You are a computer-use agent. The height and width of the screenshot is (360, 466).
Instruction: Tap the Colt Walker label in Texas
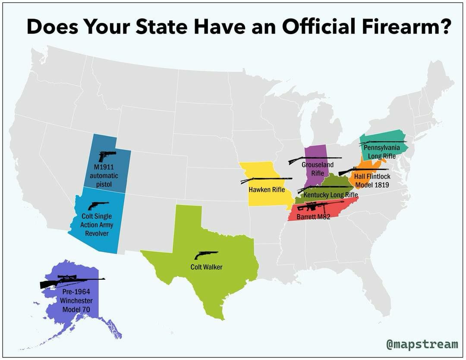pyautogui.click(x=206, y=267)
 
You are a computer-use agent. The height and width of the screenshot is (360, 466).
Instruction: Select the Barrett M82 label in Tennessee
pyautogui.click(x=313, y=217)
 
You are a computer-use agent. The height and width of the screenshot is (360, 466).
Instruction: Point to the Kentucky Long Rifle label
pyautogui.click(x=331, y=195)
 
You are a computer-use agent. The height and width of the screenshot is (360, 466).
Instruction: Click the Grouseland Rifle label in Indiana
pyautogui.click(x=317, y=169)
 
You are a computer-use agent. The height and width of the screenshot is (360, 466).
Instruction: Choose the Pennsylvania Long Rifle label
pyautogui.click(x=382, y=152)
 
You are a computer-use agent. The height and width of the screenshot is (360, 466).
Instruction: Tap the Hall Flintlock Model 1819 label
pyautogui.click(x=372, y=180)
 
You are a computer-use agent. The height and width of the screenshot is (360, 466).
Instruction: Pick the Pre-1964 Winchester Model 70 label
pyautogui.click(x=76, y=301)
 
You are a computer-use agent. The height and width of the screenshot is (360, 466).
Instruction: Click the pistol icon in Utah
pyautogui.click(x=107, y=156)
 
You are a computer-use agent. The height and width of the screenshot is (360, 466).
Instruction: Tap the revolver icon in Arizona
pyautogui.click(x=98, y=205)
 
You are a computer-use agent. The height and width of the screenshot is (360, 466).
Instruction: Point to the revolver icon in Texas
pyautogui.click(x=206, y=255)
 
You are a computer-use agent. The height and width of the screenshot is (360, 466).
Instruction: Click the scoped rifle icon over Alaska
pyautogui.click(x=71, y=281)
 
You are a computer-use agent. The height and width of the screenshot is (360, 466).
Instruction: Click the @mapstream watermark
pyautogui.click(x=422, y=344)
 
